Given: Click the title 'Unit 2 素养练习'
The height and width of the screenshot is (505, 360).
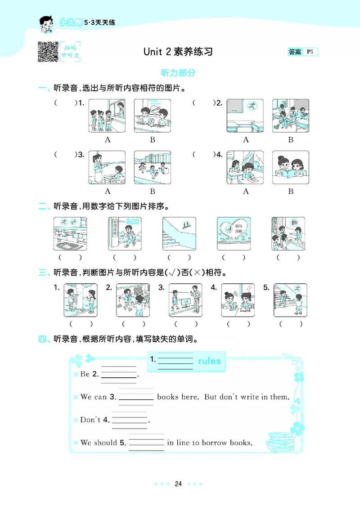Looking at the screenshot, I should pyautogui.click(x=178, y=52).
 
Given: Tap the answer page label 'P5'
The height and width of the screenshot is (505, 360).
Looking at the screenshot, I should pyautogui.click(x=310, y=52).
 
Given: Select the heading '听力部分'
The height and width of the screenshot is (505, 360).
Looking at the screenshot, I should pyautogui.click(x=178, y=73).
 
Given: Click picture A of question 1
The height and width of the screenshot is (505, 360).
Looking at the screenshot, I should pyautogui.click(x=107, y=116).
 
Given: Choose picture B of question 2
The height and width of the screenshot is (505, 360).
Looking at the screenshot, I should pyautogui.click(x=290, y=116).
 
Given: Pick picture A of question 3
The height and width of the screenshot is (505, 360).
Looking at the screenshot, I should pyautogui.click(x=107, y=168).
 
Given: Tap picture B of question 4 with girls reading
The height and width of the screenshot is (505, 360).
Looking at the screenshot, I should pyautogui.click(x=290, y=168).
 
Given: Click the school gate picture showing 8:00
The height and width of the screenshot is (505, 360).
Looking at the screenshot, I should pyautogui.click(x=124, y=233).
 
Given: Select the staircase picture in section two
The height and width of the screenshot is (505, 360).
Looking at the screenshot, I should pyautogui.click(x=179, y=233).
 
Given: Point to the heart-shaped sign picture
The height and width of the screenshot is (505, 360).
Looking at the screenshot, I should pyautogui.click(x=233, y=233).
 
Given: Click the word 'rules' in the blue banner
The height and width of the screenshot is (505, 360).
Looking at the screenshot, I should pyautogui.click(x=209, y=361).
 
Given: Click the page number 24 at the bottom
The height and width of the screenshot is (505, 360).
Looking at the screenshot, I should pyautogui.click(x=178, y=484).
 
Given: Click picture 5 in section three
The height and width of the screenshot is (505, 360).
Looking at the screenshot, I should pyautogui.click(x=290, y=300).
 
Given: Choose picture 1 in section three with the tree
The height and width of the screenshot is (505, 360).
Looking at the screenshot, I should pyautogui.click(x=80, y=300).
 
